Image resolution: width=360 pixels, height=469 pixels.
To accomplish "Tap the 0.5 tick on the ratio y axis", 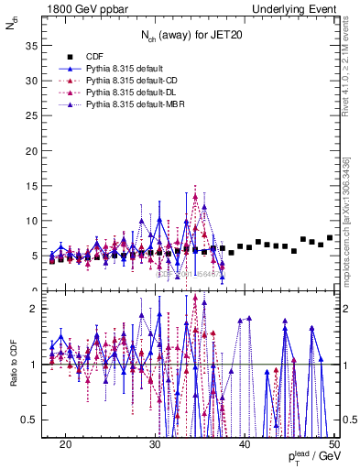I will pos(31,420).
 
